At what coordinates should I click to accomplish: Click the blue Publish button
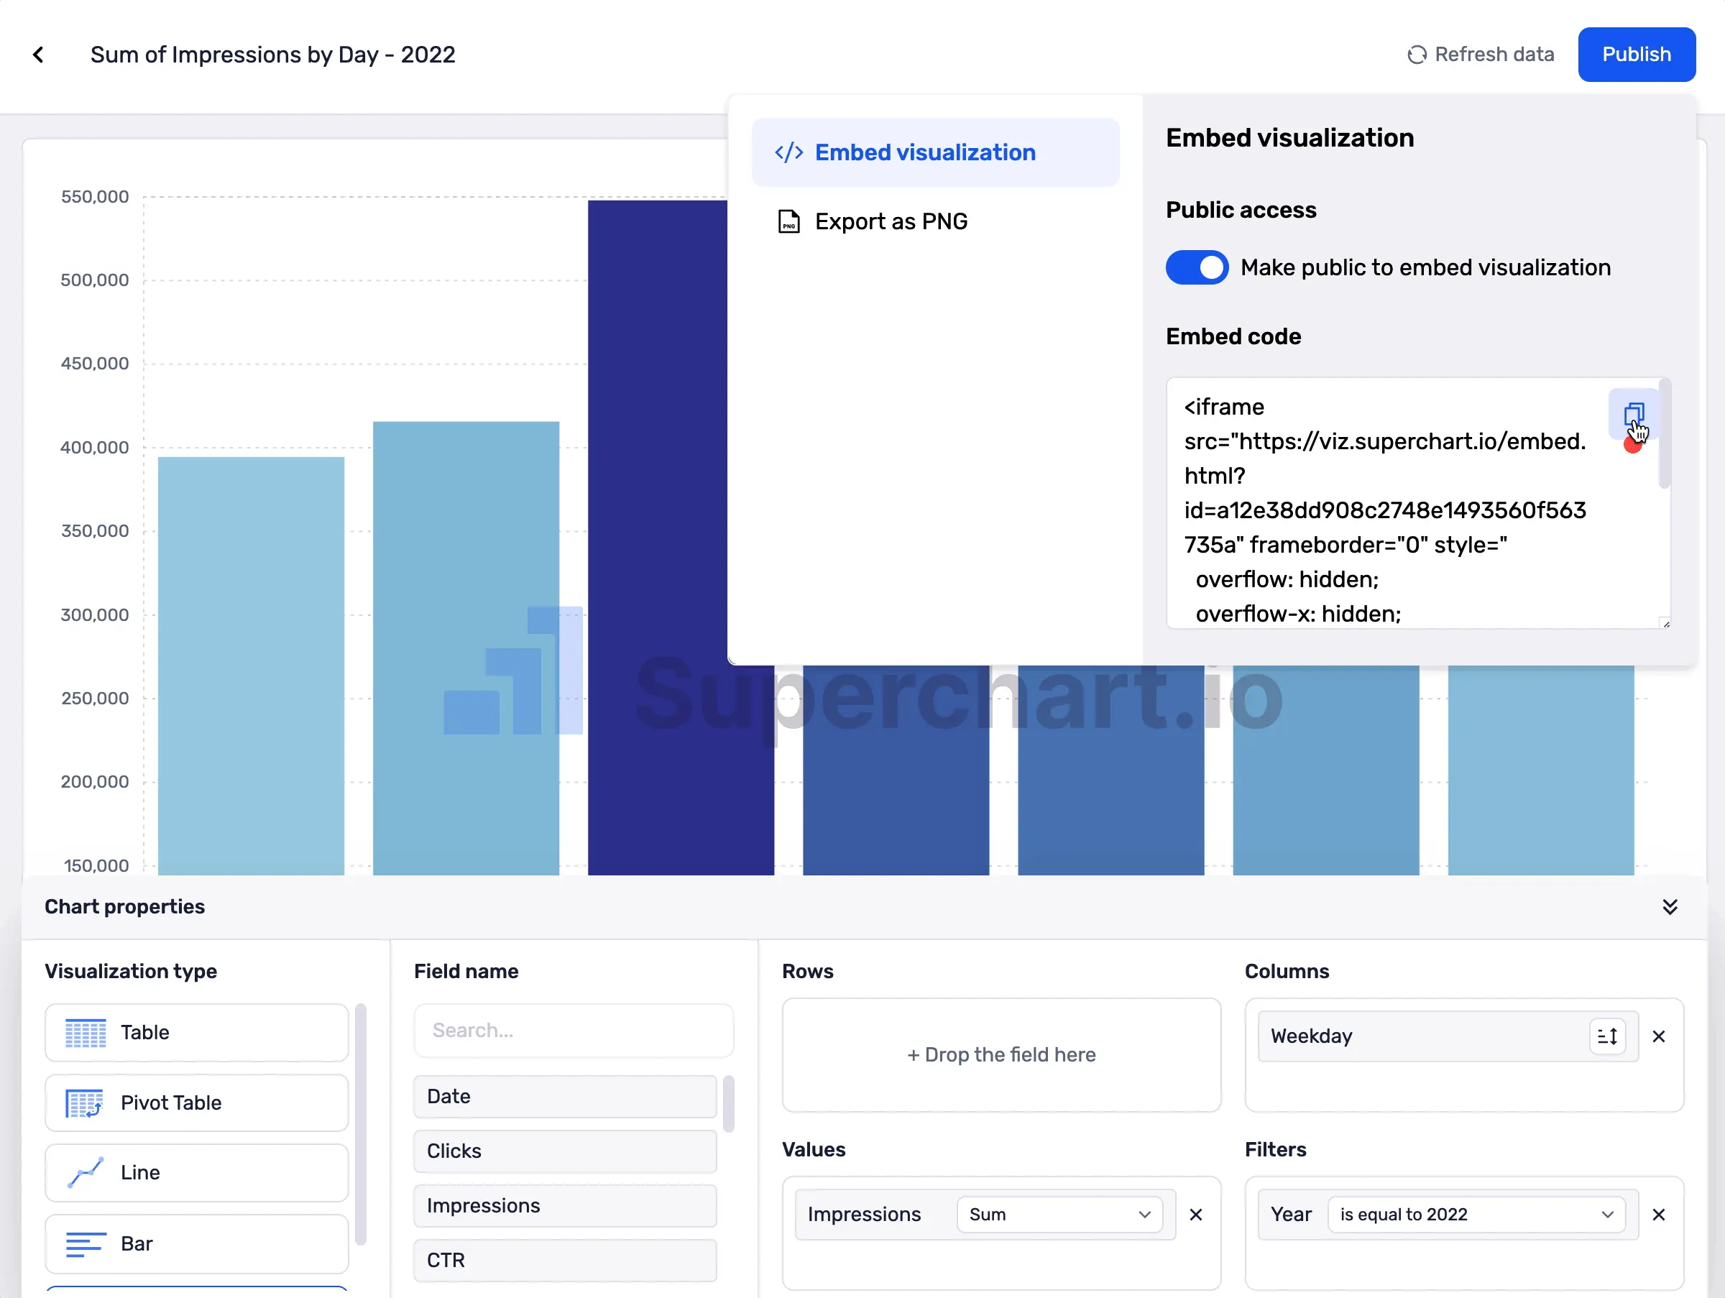(1635, 55)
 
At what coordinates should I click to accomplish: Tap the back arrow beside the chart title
(38, 55)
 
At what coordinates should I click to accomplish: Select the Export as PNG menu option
(890, 221)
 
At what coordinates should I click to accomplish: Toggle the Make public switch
(1196, 267)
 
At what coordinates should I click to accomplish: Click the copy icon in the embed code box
(1633, 414)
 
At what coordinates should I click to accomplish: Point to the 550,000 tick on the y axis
(95, 197)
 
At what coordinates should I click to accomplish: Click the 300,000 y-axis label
(95, 615)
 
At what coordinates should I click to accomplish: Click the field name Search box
(573, 1031)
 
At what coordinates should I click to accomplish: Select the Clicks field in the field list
(565, 1151)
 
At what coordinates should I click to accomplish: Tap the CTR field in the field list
(565, 1260)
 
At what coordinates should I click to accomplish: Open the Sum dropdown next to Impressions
(1059, 1214)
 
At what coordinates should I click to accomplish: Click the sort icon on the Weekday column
(1606, 1036)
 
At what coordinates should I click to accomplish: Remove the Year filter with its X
(1658, 1215)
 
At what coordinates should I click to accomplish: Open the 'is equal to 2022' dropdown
(1476, 1214)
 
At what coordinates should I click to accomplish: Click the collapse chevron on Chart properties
(1669, 906)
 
